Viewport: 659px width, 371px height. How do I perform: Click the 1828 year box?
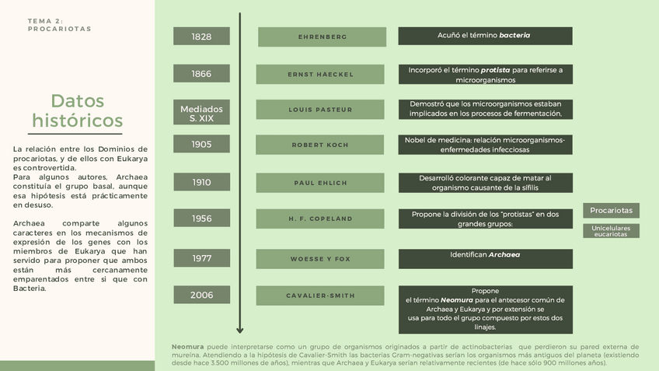(x=201, y=37)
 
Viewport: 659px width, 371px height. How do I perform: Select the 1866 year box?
(x=201, y=74)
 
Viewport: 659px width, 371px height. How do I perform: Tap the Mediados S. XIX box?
(x=201, y=114)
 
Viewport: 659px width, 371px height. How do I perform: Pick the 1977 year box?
(x=201, y=258)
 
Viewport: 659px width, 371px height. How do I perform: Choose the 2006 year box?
(x=201, y=295)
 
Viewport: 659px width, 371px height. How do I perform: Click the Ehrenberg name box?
(x=322, y=37)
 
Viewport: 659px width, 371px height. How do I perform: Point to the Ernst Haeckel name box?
(x=320, y=74)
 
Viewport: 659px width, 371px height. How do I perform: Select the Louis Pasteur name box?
(x=320, y=110)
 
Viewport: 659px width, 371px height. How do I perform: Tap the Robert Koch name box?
(x=320, y=145)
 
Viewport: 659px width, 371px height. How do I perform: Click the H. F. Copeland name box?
(x=320, y=219)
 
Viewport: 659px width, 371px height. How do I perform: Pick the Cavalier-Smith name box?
(x=320, y=296)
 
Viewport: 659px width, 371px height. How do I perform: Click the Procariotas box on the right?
(x=611, y=210)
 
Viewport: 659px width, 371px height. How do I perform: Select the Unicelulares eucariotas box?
(x=611, y=230)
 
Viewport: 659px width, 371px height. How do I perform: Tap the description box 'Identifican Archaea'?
(x=485, y=258)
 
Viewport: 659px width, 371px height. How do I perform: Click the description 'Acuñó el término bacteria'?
(x=485, y=36)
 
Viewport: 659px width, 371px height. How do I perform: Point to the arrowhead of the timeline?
(x=240, y=330)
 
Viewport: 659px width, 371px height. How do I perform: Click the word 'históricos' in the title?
(x=78, y=121)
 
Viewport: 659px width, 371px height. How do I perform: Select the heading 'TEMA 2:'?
(x=45, y=21)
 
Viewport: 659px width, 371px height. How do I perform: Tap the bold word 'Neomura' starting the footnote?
(x=187, y=347)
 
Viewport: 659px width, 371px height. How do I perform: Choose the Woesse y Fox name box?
(x=320, y=258)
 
